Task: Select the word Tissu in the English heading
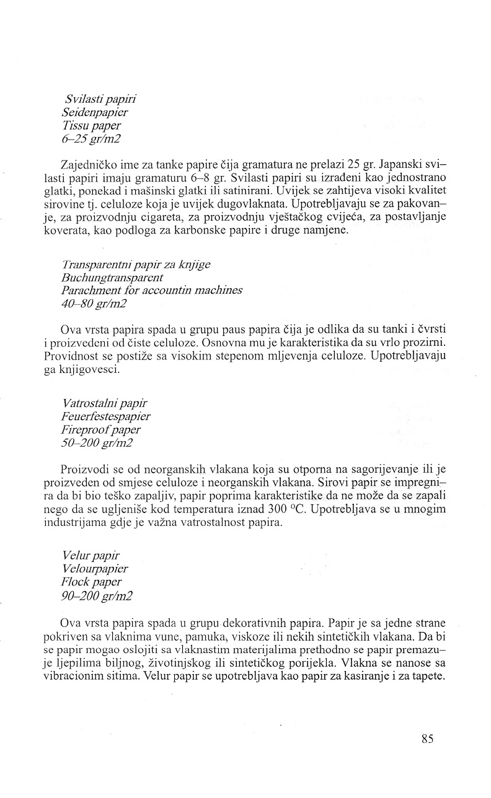(x=76, y=126)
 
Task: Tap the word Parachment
(x=92, y=291)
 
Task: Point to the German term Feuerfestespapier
(x=106, y=416)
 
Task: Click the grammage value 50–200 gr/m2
(x=97, y=443)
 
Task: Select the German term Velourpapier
(x=95, y=569)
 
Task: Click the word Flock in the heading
(x=75, y=582)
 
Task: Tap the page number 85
(x=427, y=739)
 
